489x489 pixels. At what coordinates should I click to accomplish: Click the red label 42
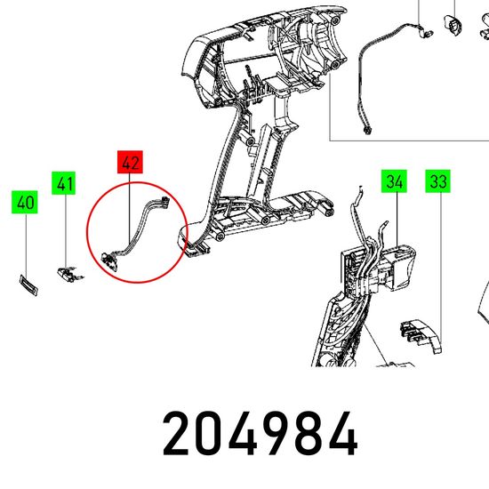pyautogui.click(x=130, y=162)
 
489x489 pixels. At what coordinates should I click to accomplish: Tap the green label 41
pyautogui.click(x=64, y=183)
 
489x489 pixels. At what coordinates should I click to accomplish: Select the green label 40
pyautogui.click(x=25, y=202)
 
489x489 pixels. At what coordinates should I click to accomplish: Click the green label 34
pyautogui.click(x=394, y=181)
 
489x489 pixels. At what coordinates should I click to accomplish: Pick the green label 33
pyautogui.click(x=437, y=181)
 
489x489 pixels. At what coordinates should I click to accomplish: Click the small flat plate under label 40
pyautogui.click(x=28, y=285)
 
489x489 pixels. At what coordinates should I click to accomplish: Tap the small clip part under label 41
pyautogui.click(x=70, y=274)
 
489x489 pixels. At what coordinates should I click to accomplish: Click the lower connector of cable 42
pyautogui.click(x=109, y=261)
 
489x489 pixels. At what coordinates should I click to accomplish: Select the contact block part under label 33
pyautogui.click(x=421, y=336)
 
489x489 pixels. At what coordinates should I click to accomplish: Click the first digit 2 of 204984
pyautogui.click(x=175, y=433)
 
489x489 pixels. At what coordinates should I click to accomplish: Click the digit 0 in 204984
pyautogui.click(x=208, y=433)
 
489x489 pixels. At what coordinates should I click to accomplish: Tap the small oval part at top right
pyautogui.click(x=453, y=25)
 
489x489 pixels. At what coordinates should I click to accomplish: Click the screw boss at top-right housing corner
pyautogui.click(x=335, y=21)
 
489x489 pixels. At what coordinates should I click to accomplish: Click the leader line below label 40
pyautogui.click(x=26, y=244)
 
